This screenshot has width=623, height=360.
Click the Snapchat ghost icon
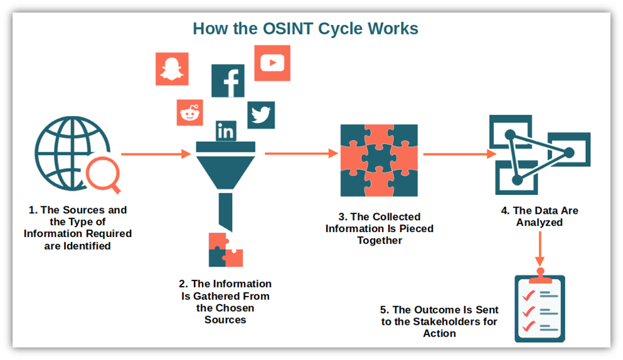172,69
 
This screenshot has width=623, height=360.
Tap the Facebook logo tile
228,81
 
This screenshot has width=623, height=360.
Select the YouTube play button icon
272,63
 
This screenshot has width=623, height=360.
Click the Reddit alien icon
190,112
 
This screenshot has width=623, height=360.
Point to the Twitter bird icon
261,115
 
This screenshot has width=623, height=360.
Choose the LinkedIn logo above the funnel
226,130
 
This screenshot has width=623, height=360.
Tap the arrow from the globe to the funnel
156,154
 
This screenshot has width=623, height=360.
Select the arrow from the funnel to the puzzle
302,154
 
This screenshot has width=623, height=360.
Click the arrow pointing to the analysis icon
460,154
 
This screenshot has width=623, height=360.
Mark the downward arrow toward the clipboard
540,249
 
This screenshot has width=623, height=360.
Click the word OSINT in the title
288,29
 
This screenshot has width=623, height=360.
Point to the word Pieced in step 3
417,228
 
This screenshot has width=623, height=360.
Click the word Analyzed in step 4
539,223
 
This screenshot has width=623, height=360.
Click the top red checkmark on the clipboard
528,295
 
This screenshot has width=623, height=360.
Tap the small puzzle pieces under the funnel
226,250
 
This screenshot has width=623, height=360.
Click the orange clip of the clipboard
540,277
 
